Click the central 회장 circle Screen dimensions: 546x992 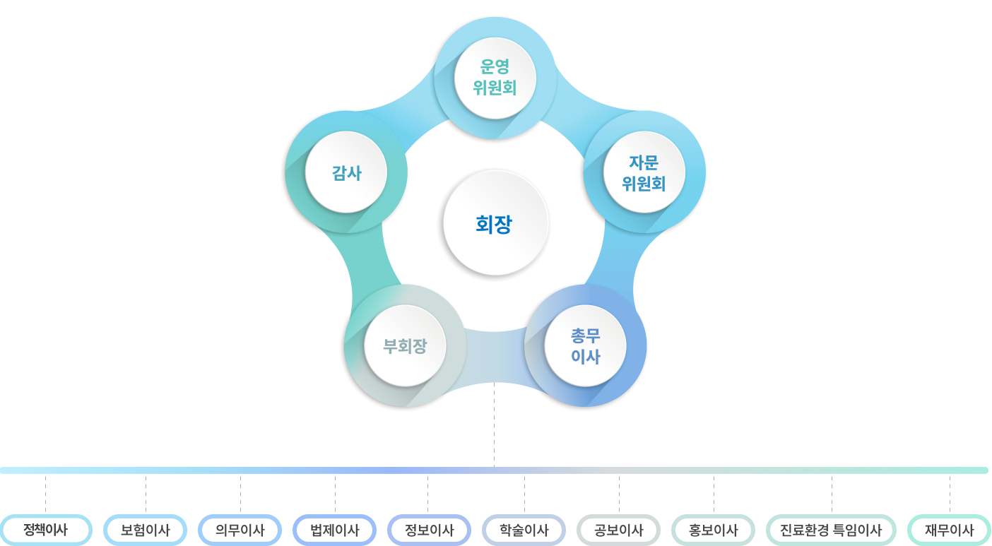[494, 225]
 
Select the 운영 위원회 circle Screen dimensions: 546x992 [495, 78]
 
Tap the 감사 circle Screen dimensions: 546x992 [346, 172]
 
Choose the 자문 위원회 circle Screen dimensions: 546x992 [643, 173]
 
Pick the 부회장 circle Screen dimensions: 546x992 [405, 346]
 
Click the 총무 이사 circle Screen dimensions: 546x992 [585, 346]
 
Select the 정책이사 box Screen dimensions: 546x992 [45, 530]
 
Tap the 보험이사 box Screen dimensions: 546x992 [145, 530]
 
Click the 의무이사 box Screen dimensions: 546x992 [240, 530]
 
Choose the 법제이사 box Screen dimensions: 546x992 [335, 530]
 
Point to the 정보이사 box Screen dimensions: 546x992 [429, 530]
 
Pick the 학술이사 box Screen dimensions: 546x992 [524, 530]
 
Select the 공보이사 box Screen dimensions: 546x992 [618, 530]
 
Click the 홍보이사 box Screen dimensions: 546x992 [713, 530]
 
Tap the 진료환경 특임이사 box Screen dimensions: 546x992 [831, 530]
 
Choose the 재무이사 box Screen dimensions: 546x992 [949, 530]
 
